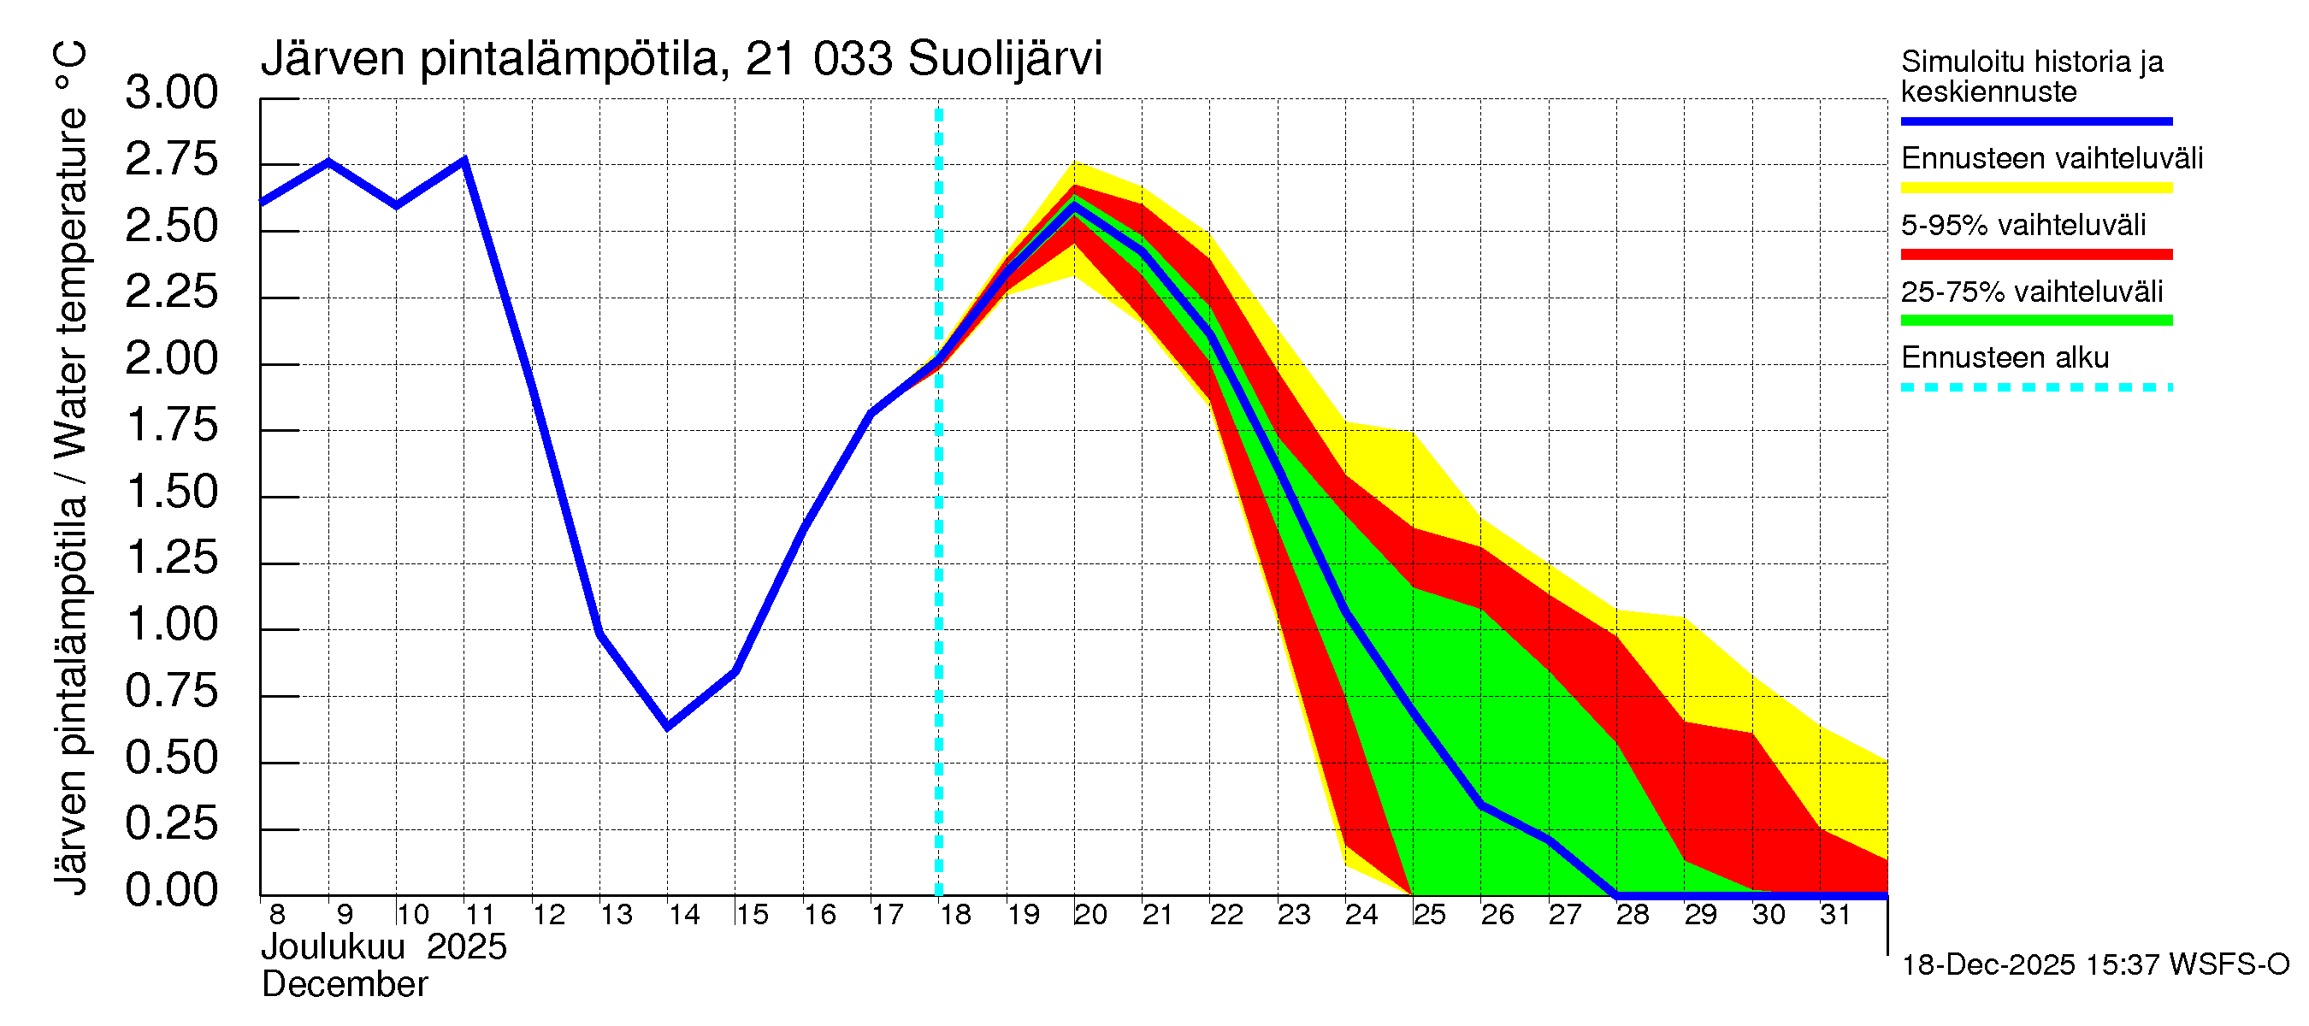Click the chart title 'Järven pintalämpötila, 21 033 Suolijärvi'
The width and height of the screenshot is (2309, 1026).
[681, 59]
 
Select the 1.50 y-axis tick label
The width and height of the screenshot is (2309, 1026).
[171, 492]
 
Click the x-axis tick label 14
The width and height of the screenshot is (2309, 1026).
[684, 915]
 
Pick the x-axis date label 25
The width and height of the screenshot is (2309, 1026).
[1429, 915]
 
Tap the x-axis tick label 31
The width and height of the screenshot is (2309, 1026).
[1835, 915]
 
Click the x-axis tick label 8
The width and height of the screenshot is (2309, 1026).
[277, 915]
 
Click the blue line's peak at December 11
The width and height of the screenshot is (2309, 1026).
[464, 161]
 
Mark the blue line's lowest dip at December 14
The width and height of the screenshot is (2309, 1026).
[667, 726]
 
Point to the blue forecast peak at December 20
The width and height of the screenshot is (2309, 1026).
[1074, 205]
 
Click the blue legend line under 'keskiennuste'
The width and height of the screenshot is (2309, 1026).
[2035, 121]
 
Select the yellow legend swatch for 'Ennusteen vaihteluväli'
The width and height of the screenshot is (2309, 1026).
[2035, 187]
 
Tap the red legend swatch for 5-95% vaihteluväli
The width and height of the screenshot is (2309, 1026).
[2035, 254]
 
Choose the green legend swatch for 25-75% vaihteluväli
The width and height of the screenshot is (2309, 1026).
[2035, 320]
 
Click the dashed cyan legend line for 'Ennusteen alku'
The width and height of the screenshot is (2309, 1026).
[2035, 387]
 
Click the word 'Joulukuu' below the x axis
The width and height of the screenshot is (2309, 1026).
[333, 947]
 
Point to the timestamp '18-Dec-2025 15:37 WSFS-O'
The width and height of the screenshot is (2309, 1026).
[2094, 965]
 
